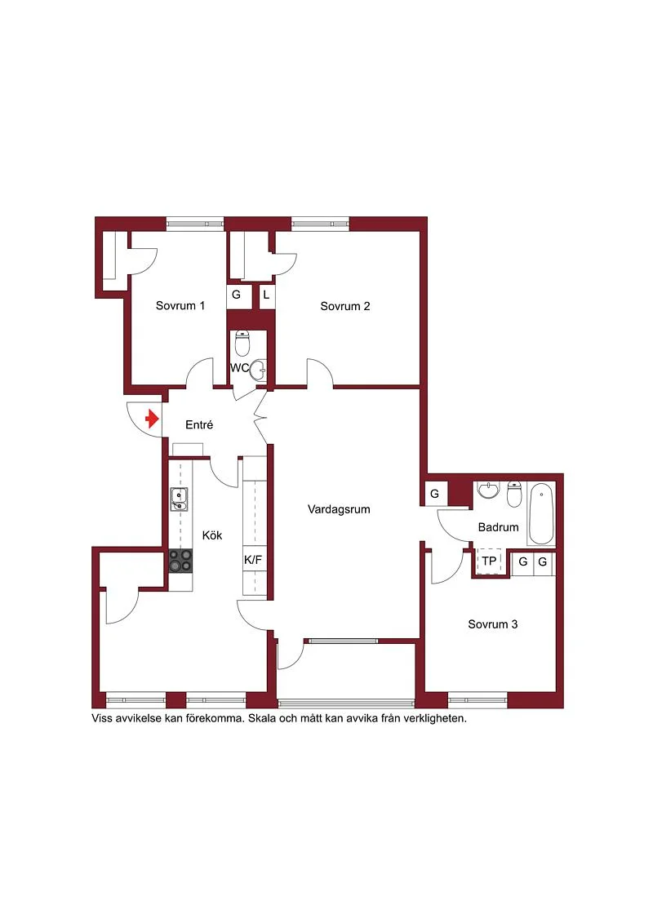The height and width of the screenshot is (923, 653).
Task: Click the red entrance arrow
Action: coord(153,419)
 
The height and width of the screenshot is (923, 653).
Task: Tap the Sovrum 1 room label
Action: coord(180,305)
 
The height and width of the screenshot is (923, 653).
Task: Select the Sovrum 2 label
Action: coord(345,306)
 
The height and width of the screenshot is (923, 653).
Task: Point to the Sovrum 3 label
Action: coord(493,624)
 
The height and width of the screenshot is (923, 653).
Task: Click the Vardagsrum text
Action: coord(340,509)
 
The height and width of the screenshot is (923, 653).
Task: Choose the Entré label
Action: coord(199,424)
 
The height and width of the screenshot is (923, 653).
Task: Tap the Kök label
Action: coord(212,535)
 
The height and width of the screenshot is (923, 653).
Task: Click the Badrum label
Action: coord(498,527)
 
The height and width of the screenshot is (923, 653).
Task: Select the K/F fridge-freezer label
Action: coord(252,560)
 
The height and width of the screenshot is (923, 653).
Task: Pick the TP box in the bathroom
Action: coord(489,561)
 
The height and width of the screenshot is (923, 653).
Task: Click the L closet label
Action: coord(266,295)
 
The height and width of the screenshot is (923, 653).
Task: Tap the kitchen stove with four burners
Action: coord(180,561)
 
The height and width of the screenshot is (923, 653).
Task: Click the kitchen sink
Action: coord(179,499)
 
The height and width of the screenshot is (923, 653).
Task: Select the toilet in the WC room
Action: coord(242,344)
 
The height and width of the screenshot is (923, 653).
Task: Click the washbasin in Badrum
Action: coord(487,490)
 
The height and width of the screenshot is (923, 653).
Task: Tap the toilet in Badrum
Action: coord(514,495)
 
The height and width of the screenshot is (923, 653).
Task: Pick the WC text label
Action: coord(239,369)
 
